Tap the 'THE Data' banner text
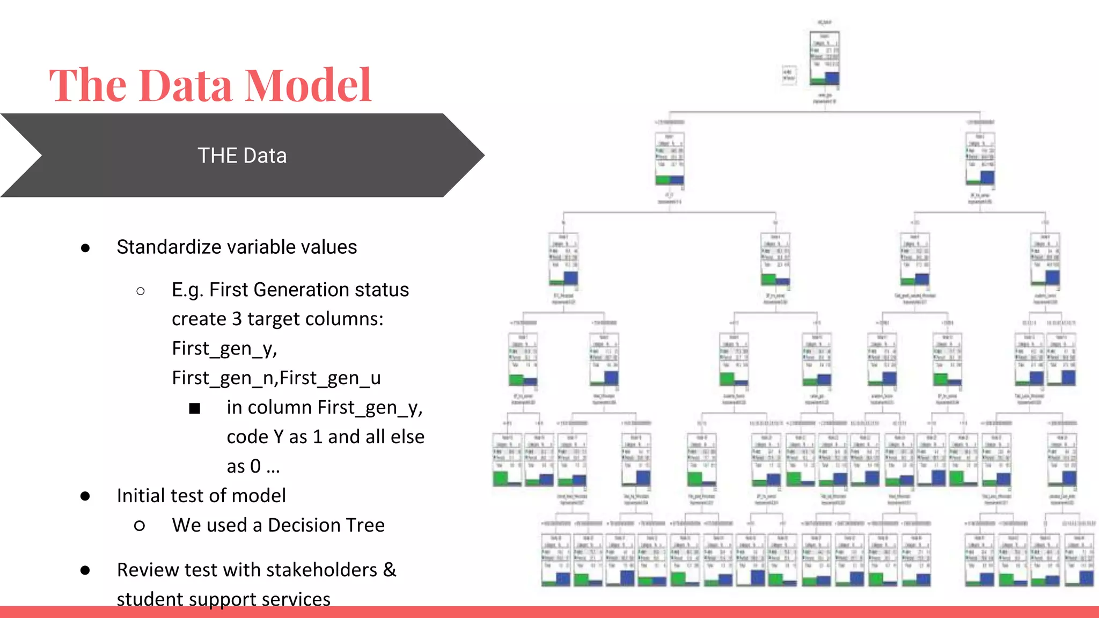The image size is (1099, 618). [242, 156]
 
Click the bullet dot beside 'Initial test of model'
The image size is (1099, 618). [85, 496]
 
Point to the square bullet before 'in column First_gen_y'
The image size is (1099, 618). [194, 409]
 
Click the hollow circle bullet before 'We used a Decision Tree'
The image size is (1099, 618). [140, 526]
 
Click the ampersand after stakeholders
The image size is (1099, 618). [390, 570]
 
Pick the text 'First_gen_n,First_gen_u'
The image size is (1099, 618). [276, 378]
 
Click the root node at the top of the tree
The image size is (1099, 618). [824, 59]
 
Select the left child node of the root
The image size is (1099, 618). [669, 159]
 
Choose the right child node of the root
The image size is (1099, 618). [980, 159]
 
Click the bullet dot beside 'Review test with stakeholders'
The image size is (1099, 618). [85, 570]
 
